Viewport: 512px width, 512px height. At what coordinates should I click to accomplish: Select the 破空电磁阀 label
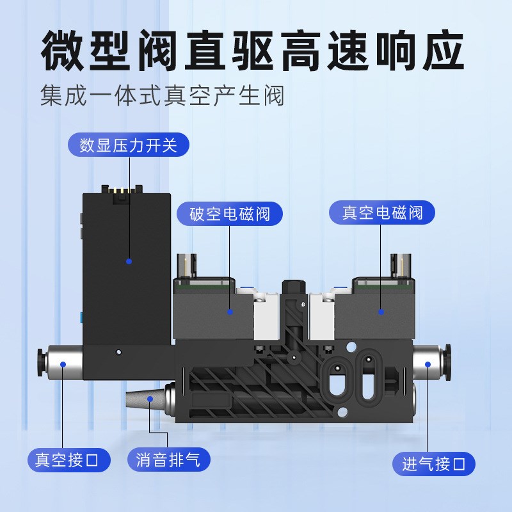pyautogui.click(x=230, y=213)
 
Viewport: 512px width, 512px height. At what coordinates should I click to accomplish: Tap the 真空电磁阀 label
pyautogui.click(x=382, y=212)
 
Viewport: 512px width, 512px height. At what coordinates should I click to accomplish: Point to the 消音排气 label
pyautogui.click(x=168, y=460)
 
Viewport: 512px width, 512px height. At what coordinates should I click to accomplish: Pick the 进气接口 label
pyautogui.click(x=434, y=464)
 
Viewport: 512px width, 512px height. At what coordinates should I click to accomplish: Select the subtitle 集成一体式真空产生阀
pyautogui.click(x=161, y=97)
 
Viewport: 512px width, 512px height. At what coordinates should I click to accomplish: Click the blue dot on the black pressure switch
pyautogui.click(x=129, y=261)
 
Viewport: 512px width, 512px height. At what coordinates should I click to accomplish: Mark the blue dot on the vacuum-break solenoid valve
pyautogui.click(x=230, y=312)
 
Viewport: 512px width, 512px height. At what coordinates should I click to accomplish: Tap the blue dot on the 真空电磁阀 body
pyautogui.click(x=381, y=312)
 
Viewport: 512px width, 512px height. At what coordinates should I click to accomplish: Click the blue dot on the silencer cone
pyautogui.click(x=150, y=399)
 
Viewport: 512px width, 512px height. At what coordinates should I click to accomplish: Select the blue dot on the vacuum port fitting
pyautogui.click(x=63, y=364)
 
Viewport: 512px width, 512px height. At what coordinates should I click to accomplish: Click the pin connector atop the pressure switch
pyautogui.click(x=124, y=193)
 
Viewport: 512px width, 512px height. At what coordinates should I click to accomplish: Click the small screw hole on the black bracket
pyautogui.click(x=119, y=352)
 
